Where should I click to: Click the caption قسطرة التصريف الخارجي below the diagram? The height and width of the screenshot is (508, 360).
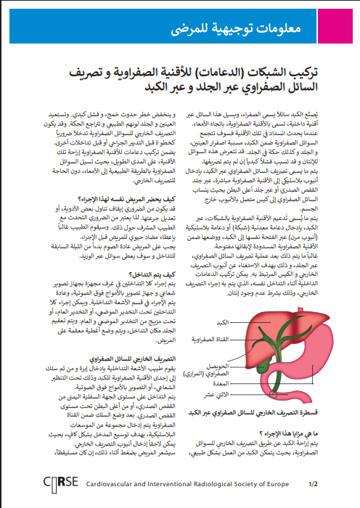click(x=254, y=412)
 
